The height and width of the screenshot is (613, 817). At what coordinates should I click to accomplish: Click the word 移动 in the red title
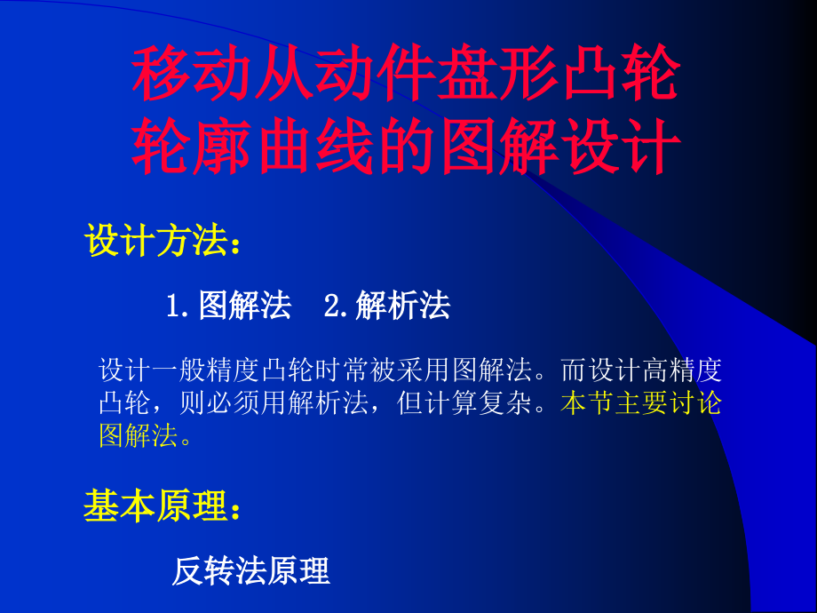(186, 76)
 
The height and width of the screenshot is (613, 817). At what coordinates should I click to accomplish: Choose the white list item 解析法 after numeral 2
(402, 306)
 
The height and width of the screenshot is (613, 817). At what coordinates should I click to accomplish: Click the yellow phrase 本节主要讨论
(641, 403)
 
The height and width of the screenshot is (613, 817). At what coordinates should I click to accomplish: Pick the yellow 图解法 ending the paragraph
(139, 436)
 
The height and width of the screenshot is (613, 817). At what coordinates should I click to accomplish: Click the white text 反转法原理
(250, 571)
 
